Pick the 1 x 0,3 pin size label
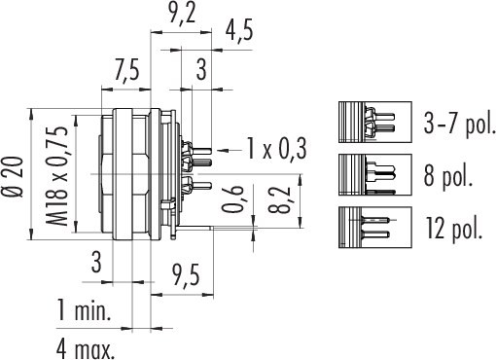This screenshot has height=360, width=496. click(x=276, y=149)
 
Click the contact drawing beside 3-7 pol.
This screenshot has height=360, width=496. click(x=367, y=124)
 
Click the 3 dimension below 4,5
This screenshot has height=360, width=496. click(x=200, y=69)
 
